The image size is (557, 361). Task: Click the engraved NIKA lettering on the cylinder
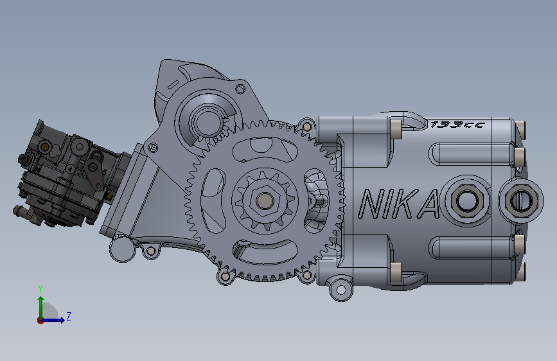398,204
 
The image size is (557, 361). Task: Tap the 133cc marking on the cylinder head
457,125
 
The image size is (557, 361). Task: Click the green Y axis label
40,289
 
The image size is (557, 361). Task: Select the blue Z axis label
69,316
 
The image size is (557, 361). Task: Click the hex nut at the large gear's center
264,201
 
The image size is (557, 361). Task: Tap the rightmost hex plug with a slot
521,200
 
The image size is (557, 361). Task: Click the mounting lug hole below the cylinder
341,290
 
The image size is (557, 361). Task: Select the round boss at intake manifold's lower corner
122,249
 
